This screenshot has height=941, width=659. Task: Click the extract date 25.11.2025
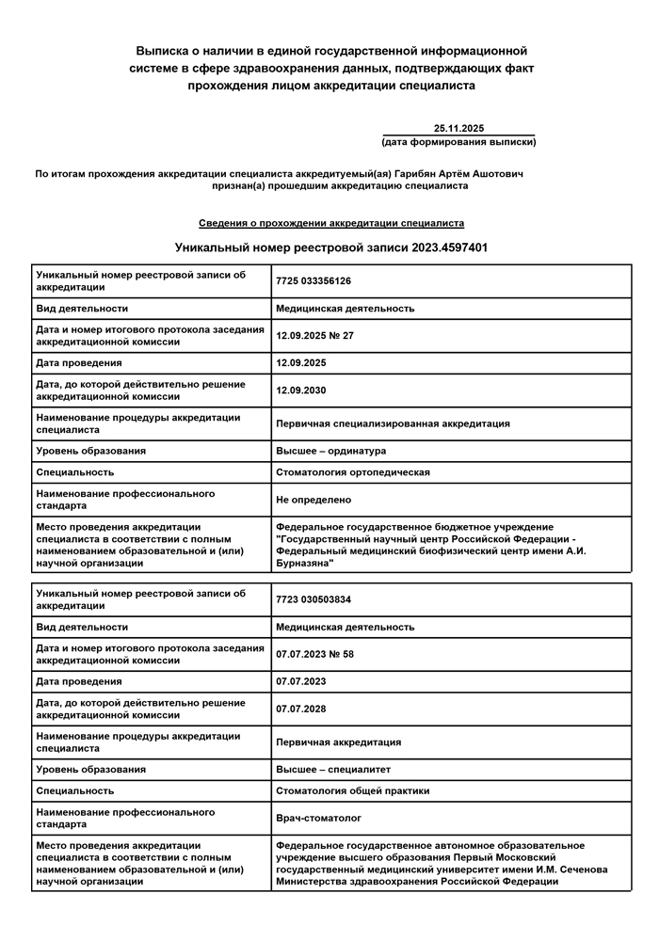click(x=458, y=128)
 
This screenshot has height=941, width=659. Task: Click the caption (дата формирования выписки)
click(x=458, y=142)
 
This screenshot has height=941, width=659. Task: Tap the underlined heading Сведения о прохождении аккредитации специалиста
click(x=330, y=223)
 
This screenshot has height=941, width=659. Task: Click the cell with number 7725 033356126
click(x=313, y=280)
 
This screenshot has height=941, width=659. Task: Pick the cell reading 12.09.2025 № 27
click(x=314, y=335)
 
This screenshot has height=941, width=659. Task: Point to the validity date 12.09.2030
click(x=301, y=390)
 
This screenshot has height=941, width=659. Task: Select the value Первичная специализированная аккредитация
click(x=393, y=423)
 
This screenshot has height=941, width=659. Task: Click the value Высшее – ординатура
click(x=330, y=451)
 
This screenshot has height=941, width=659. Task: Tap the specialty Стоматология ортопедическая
click(x=352, y=472)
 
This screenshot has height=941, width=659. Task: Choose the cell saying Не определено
click(x=313, y=500)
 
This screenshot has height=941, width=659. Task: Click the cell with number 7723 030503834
click(x=313, y=599)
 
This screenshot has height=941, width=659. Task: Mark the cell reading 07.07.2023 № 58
click(x=314, y=654)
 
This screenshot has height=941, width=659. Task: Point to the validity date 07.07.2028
click(x=301, y=709)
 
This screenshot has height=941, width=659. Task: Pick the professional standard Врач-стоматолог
click(x=318, y=819)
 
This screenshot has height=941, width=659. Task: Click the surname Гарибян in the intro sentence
click(x=415, y=174)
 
